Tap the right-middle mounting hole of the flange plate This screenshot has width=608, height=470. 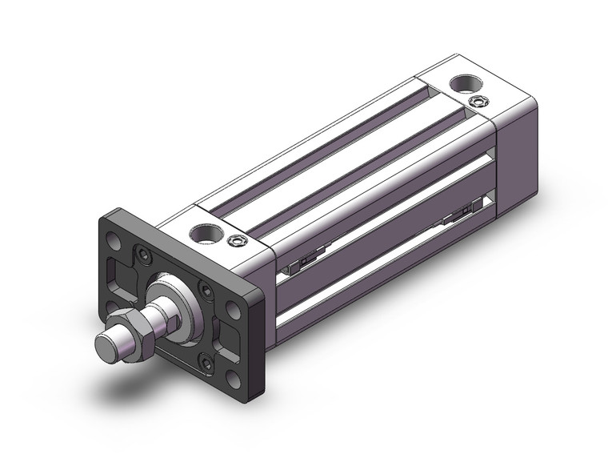233,307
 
